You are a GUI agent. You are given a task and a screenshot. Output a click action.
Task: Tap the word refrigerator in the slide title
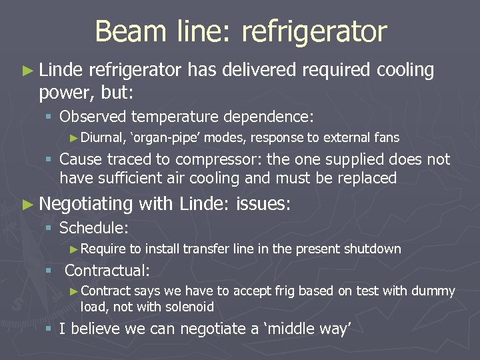(x=314, y=31)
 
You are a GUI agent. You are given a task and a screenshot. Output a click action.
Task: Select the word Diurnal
(x=103, y=138)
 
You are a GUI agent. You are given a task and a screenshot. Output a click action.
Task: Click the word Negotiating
(x=86, y=204)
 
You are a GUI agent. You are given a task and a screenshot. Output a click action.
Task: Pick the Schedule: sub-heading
(x=94, y=228)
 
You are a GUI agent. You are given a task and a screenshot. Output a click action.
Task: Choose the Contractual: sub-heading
(x=107, y=271)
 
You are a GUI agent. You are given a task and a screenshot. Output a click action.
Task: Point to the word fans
(x=387, y=138)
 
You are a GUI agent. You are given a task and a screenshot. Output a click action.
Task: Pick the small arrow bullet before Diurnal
(x=74, y=139)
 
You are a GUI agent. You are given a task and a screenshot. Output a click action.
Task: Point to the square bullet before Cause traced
(x=49, y=161)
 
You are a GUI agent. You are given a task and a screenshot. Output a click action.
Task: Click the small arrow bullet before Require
(x=74, y=250)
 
